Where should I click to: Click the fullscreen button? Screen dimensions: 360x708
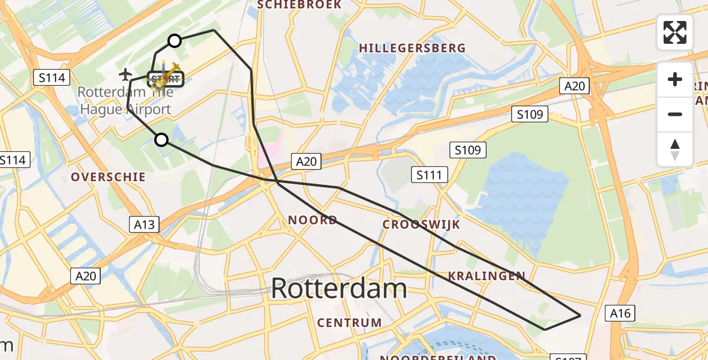point(675,32)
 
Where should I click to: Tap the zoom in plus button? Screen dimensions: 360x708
point(675,79)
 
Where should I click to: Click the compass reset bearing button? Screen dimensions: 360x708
point(675,149)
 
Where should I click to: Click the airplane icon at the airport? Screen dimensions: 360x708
point(125,74)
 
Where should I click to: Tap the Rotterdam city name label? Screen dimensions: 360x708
point(339,289)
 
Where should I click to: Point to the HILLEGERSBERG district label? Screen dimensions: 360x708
point(412,48)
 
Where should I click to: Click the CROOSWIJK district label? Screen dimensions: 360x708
point(421,224)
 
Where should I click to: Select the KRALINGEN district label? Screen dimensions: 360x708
point(486,276)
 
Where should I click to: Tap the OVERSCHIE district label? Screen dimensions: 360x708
point(108,177)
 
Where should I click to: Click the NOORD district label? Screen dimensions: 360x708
point(312,220)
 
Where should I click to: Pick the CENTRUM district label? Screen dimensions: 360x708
point(349,323)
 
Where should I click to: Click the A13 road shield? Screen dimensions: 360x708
point(145,225)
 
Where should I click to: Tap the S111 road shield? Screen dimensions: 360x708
point(430,175)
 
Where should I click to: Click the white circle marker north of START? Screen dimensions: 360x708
point(174,41)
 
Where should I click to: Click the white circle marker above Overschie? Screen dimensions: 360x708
point(161,140)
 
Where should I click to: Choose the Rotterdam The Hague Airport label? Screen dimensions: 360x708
point(126,101)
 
